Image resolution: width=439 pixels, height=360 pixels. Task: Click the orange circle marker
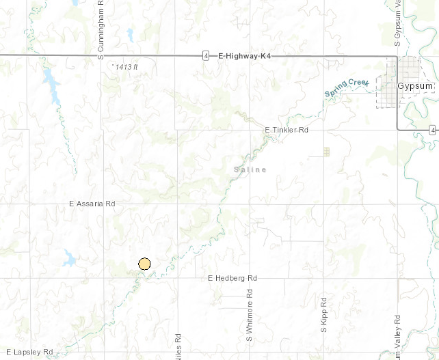tap(144, 264)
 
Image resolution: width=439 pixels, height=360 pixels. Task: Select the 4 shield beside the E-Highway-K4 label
tap(206, 55)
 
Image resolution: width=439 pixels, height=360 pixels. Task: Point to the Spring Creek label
tap(347, 88)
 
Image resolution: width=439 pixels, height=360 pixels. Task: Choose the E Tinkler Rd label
tap(287, 130)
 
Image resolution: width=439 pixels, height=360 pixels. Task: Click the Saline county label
tap(250, 169)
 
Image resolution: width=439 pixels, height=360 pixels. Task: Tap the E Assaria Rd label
tap(93, 204)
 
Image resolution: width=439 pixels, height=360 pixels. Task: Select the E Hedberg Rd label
tap(232, 279)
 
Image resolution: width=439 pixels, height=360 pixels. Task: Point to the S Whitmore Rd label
tap(250, 318)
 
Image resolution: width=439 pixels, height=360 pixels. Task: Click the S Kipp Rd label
tap(324, 315)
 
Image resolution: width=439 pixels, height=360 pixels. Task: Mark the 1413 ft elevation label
tap(126, 66)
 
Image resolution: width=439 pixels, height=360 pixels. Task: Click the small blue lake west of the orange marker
tap(70, 258)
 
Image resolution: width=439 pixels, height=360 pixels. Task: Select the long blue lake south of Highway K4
tap(51, 85)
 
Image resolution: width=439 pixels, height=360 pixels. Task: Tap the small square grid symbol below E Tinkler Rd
tap(326, 152)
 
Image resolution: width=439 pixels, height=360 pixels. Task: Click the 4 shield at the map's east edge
tap(433, 130)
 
